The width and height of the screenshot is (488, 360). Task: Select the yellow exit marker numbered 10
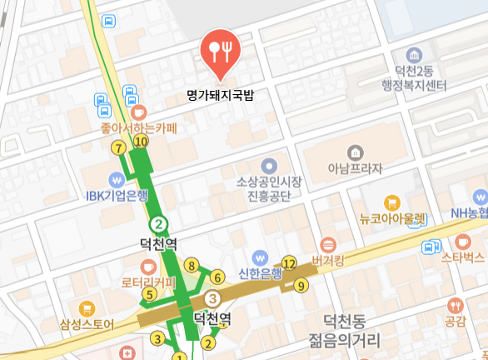[141, 142]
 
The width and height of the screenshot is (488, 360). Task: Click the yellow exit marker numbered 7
[119, 148]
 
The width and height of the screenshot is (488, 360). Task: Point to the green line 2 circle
[158, 223]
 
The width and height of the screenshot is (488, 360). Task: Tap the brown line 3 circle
[213, 298]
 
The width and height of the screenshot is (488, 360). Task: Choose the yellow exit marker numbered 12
[289, 263]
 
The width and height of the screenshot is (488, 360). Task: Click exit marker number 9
[301, 285]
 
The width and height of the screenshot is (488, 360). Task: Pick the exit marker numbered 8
[192, 266]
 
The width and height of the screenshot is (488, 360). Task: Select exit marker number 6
[217, 277]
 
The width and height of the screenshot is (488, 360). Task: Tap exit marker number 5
[150, 293]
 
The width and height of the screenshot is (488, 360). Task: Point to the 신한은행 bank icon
[261, 258]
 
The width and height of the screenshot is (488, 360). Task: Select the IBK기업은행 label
[117, 197]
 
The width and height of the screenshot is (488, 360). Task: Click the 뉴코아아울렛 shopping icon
[392, 202]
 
